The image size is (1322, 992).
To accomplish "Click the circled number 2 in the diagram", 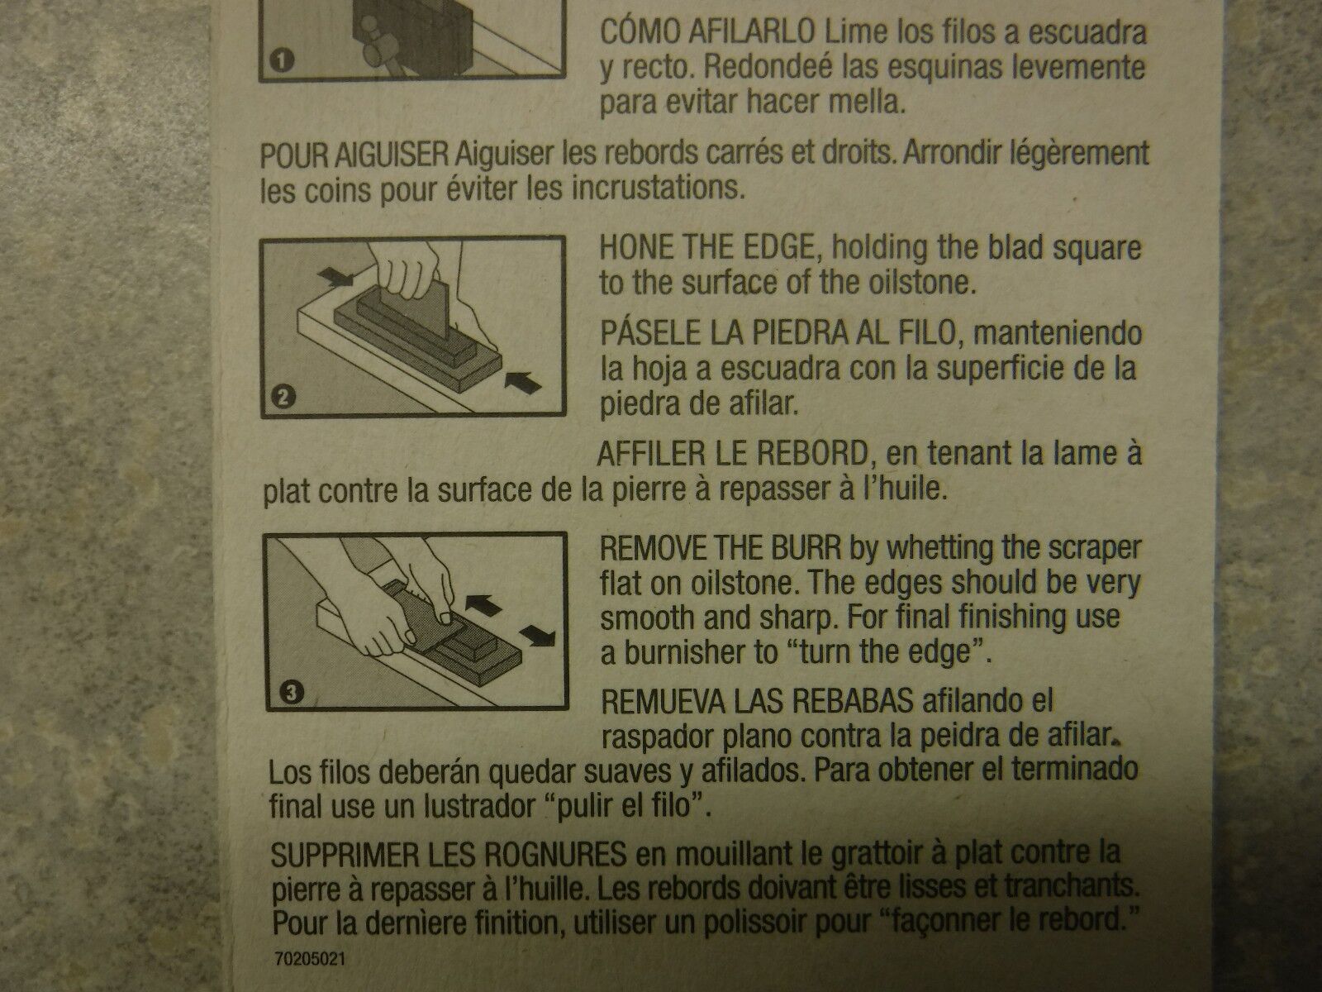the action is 283,398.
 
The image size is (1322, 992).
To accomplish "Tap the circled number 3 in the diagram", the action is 292,693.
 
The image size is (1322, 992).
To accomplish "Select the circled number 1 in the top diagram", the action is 282,60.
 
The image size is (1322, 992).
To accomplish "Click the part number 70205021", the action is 310,958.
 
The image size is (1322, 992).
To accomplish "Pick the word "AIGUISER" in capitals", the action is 392,155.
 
